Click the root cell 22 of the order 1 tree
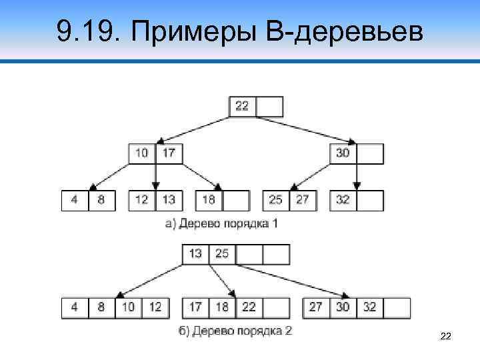click(x=243, y=107)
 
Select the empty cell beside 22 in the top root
click(x=269, y=107)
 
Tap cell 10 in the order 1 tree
click(x=142, y=153)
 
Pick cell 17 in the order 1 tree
click(x=169, y=153)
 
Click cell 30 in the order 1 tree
click(x=343, y=153)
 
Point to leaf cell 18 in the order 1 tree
click(x=209, y=200)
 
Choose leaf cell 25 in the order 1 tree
click(x=276, y=200)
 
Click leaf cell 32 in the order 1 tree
click(x=343, y=200)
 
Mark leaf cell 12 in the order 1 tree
click(x=142, y=200)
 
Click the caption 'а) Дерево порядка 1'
click(x=221, y=223)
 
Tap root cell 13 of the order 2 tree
click(x=195, y=254)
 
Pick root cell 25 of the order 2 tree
click(x=222, y=254)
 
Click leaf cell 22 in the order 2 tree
click(x=249, y=307)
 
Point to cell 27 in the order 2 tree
click(x=317, y=307)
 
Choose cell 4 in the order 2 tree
click(x=75, y=307)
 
